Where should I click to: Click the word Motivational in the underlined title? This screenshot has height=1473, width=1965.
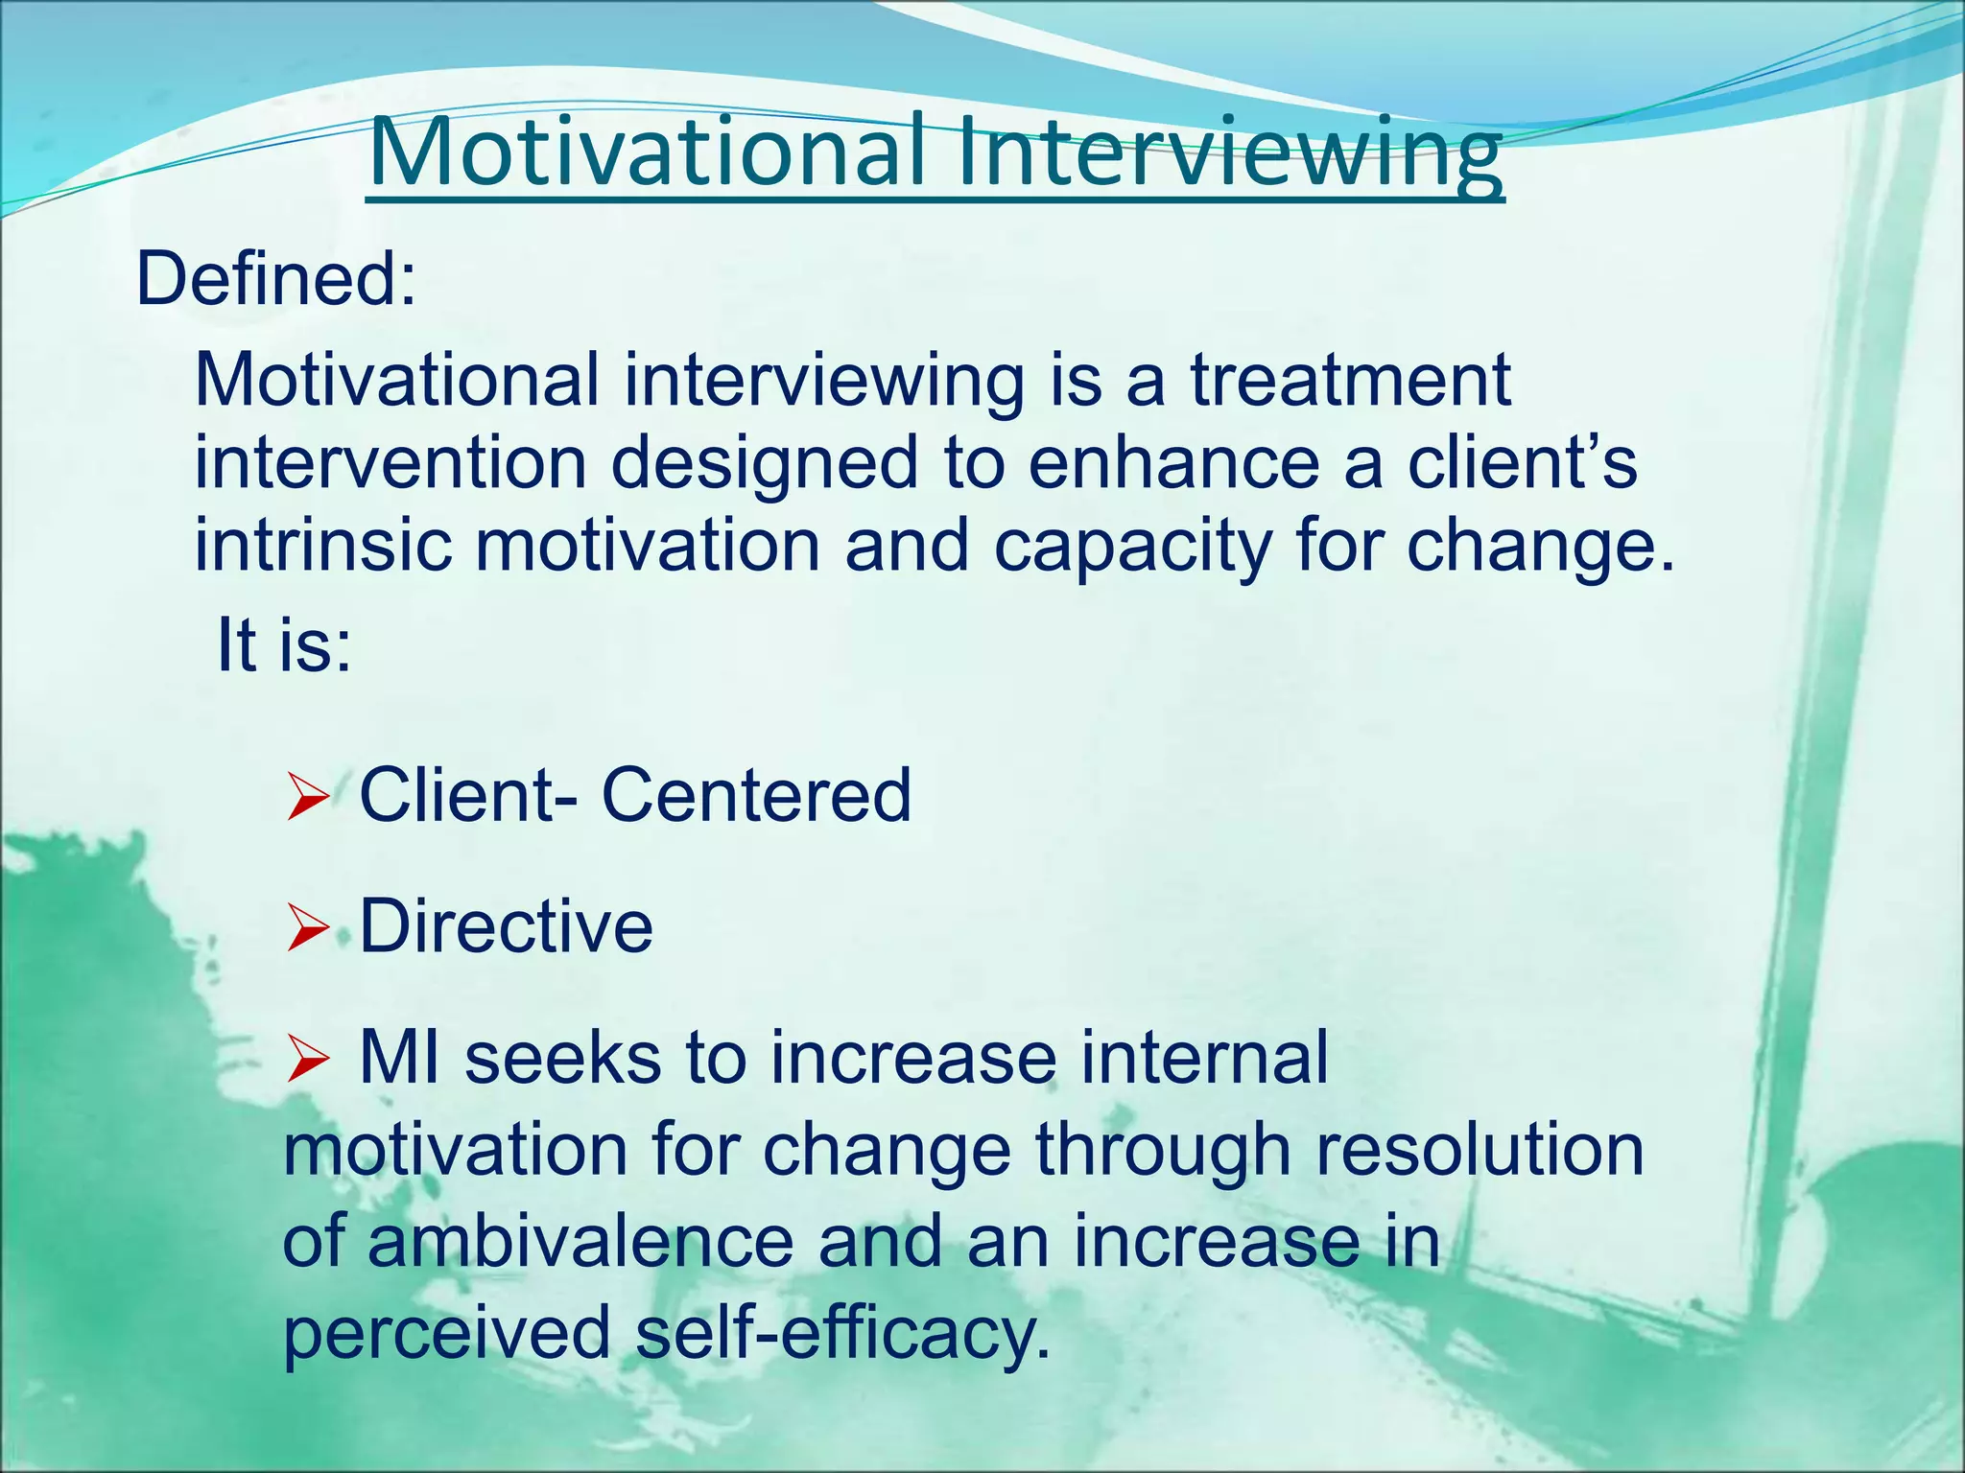pos(648,152)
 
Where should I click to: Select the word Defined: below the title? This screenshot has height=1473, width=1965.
pos(276,279)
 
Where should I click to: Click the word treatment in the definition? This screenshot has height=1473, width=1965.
pos(1351,380)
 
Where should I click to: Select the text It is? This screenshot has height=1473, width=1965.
pos(284,643)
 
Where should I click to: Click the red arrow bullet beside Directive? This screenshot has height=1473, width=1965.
pos(308,929)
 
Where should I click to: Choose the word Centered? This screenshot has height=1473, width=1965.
pos(756,795)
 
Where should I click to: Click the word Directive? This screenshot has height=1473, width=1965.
pos(506,926)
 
